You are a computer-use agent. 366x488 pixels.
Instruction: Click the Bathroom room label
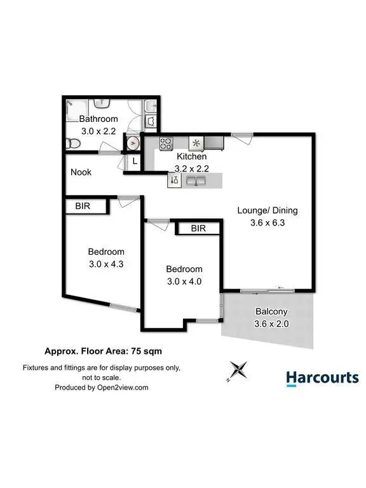[x=98, y=119]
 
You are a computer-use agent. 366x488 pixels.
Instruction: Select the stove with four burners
[x=166, y=142]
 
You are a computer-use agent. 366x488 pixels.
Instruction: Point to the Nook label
[x=81, y=172]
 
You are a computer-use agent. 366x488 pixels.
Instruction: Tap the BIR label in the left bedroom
[x=83, y=206]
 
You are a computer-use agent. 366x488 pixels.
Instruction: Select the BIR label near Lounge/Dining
[x=198, y=228]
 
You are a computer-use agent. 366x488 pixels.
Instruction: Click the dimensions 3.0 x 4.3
[x=105, y=264]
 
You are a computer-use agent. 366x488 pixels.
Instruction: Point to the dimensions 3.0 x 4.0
[x=184, y=281]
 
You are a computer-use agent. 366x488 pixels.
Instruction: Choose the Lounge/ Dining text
[x=267, y=210]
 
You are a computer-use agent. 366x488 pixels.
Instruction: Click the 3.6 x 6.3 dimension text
[x=267, y=222]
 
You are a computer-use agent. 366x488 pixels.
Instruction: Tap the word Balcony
[x=272, y=311]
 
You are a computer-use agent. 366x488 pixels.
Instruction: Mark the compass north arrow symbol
[x=238, y=369]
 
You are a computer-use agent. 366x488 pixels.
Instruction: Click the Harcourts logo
[x=322, y=379]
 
